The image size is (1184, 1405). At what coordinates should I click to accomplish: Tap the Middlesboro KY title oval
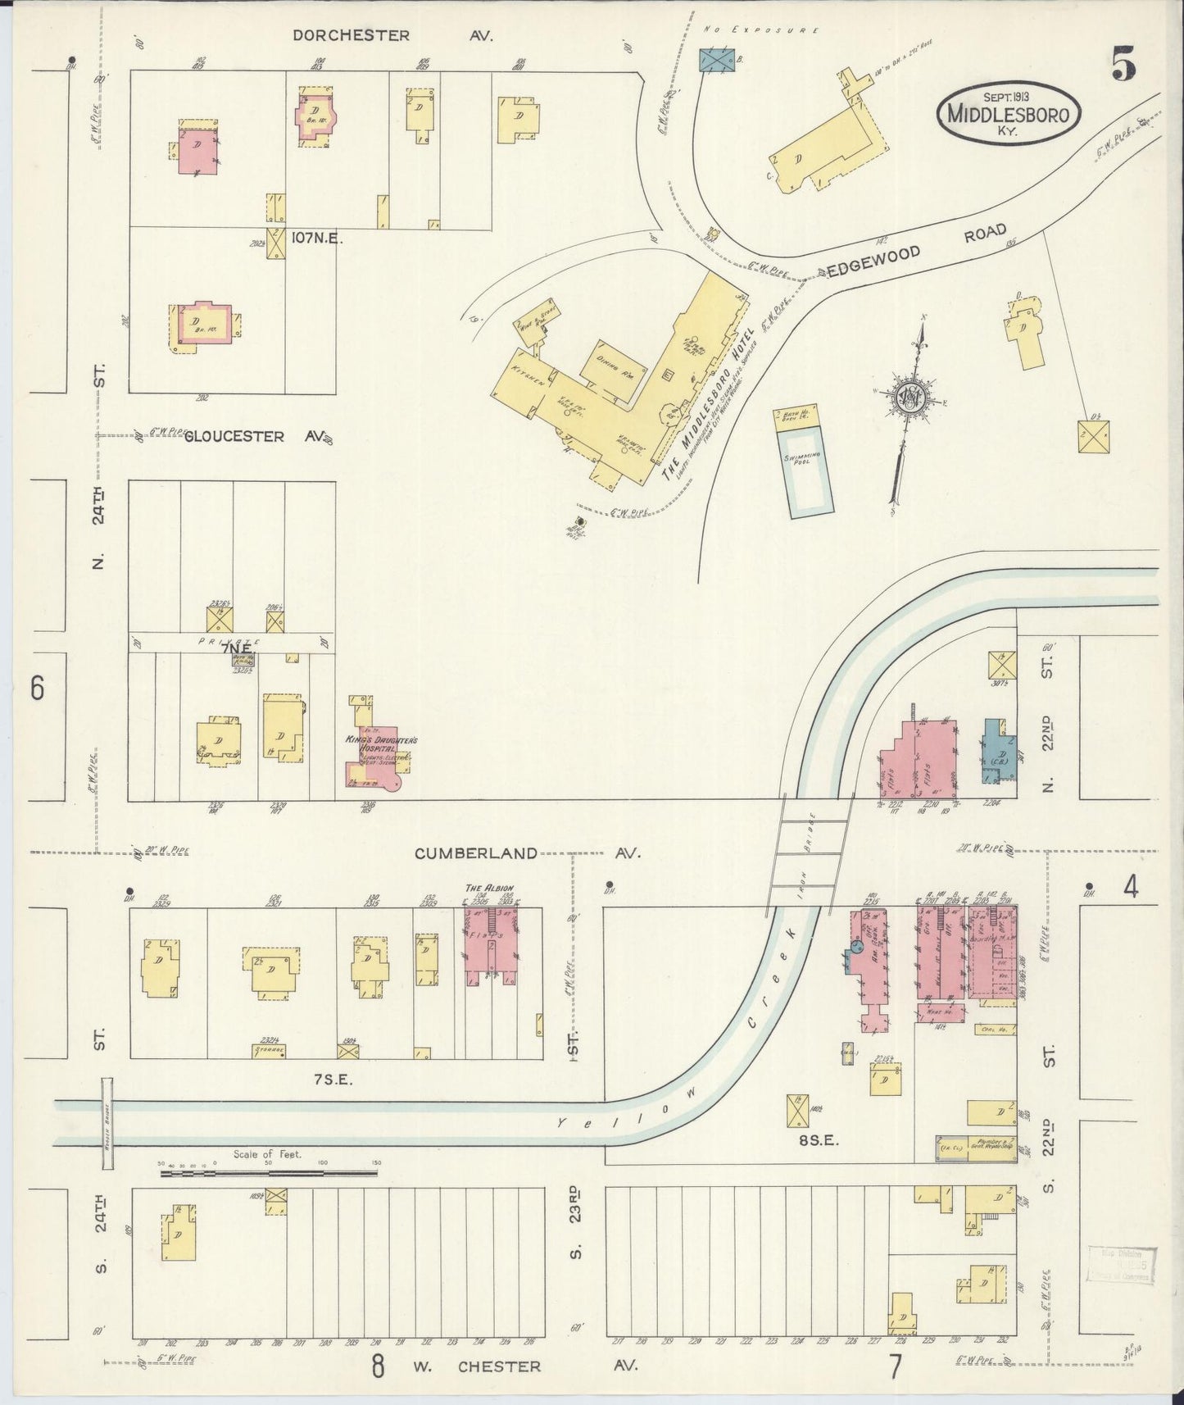click(1008, 114)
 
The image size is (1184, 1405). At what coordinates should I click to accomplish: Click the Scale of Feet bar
click(269, 1172)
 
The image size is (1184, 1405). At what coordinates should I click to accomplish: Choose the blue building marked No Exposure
click(717, 61)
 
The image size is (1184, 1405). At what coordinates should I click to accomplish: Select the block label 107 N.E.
click(316, 239)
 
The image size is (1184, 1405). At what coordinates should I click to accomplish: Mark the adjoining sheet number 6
click(37, 689)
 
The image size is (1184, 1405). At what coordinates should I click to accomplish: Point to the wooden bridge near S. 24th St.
click(107, 1124)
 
